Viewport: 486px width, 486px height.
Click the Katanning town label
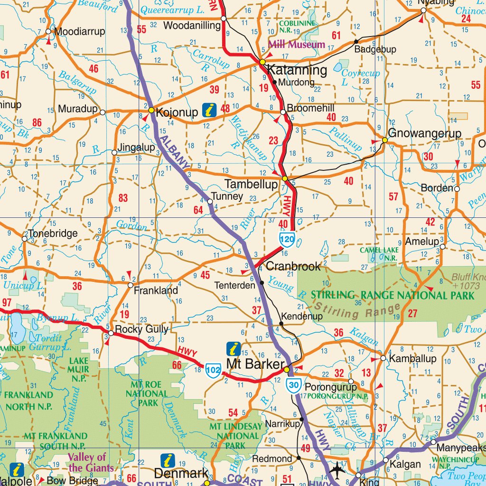[x=297, y=71]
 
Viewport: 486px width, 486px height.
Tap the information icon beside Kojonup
[x=209, y=111]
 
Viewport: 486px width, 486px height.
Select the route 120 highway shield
[x=288, y=240]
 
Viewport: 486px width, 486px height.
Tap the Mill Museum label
[x=297, y=45]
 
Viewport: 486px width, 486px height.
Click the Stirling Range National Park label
[x=393, y=295]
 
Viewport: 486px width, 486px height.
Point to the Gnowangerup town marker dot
[x=385, y=140]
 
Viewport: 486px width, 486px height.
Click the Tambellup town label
[x=251, y=184]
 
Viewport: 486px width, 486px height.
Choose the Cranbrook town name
[x=293, y=266]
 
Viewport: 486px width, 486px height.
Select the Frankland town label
[x=156, y=290]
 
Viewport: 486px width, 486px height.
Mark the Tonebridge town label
[x=53, y=234]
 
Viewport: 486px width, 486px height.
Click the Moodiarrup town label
[x=80, y=32]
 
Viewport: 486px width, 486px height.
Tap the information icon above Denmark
[x=168, y=460]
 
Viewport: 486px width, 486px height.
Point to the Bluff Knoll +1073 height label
[x=468, y=281]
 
